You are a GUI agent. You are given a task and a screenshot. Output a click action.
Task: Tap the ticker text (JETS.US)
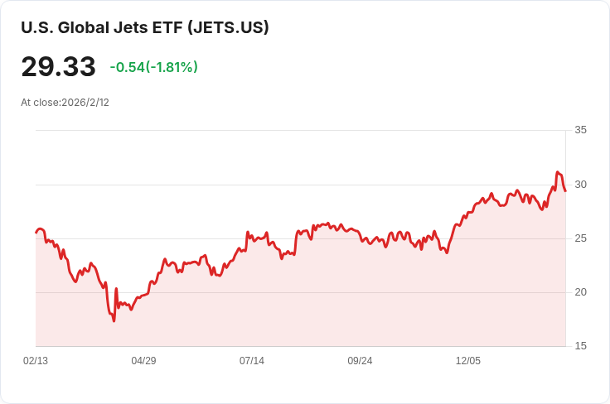pyautogui.click(x=228, y=27)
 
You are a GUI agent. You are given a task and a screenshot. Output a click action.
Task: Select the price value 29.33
pyautogui.click(x=58, y=67)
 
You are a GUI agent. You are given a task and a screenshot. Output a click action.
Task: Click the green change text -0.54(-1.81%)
pyautogui.click(x=154, y=67)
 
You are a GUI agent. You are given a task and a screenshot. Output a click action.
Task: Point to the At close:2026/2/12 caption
pyautogui.click(x=65, y=103)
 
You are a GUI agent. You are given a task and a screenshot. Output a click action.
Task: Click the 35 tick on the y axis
pyautogui.click(x=580, y=130)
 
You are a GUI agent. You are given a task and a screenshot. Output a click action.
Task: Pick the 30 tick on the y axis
pyautogui.click(x=580, y=184)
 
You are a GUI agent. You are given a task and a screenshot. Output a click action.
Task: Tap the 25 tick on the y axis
pyautogui.click(x=580, y=238)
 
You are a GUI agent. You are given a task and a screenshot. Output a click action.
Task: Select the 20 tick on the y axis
pyautogui.click(x=580, y=292)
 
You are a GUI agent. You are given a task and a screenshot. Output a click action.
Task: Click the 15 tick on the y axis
pyautogui.click(x=580, y=346)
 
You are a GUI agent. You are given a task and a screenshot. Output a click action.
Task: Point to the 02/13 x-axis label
pyautogui.click(x=36, y=361)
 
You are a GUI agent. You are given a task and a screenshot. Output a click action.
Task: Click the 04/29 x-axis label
pyautogui.click(x=143, y=361)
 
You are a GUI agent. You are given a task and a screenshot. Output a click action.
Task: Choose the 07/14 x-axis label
pyautogui.click(x=252, y=361)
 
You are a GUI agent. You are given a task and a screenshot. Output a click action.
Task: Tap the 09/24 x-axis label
pyautogui.click(x=360, y=361)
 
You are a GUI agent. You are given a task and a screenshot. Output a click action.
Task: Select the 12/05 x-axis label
pyautogui.click(x=468, y=361)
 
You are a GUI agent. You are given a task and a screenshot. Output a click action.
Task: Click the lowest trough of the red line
pyautogui.click(x=114, y=320)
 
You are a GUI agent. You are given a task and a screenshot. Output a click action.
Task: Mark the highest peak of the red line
pyautogui.click(x=558, y=172)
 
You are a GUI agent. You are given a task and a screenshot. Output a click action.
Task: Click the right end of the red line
pyautogui.click(x=565, y=191)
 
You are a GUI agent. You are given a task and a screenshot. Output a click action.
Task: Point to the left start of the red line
pyautogui.click(x=36, y=232)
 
